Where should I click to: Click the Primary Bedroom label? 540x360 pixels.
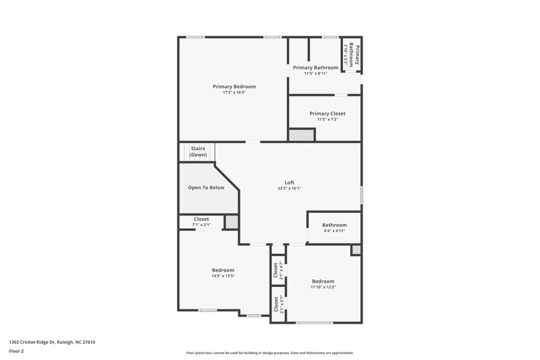coord(234,86)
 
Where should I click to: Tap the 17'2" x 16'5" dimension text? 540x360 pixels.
coord(234,93)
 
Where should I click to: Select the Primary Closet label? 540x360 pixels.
coord(327,113)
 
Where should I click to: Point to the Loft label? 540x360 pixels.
coord(289,182)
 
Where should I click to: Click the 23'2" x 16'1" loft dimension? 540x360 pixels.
coord(289,188)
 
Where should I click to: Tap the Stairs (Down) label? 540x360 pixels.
coord(198,151)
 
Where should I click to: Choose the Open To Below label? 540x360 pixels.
coord(206,188)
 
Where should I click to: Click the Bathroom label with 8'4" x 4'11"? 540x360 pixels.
coord(334,225)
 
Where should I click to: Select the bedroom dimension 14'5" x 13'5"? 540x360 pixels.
coord(223,276)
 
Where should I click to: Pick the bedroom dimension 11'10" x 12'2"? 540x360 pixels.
coord(323,287)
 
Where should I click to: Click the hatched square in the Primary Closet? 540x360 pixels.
coord(302,135)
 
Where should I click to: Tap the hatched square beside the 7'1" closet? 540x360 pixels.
coord(232,222)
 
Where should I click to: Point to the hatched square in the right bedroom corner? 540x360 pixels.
coord(356,250)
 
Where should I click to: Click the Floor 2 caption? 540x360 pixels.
coord(17,352)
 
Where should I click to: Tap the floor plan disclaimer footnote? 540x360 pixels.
coord(270,353)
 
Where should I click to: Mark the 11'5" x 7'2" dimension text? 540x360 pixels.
coord(327,120)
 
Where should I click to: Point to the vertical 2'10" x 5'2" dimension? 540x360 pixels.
coord(346,55)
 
